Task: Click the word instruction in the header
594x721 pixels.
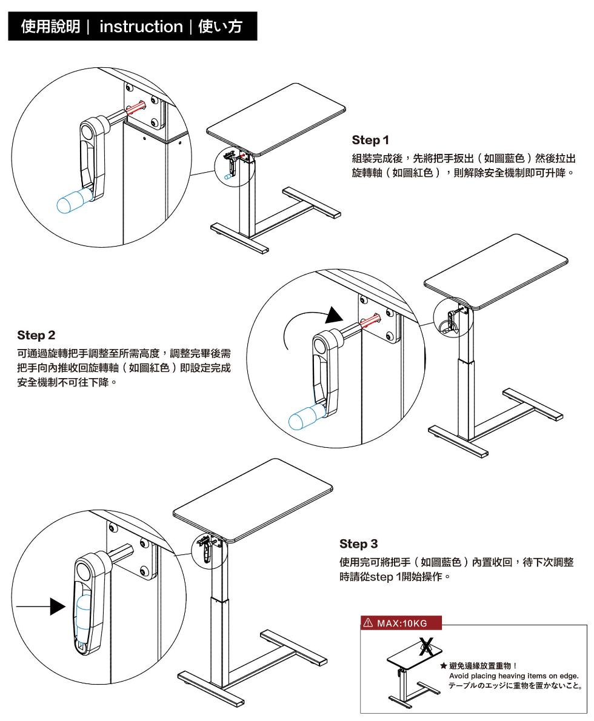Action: pyautogui.click(x=141, y=27)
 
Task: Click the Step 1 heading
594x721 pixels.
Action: pyautogui.click(x=370, y=141)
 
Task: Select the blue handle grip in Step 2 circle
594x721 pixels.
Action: pyautogui.click(x=306, y=417)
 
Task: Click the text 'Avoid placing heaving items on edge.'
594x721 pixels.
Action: pyautogui.click(x=514, y=676)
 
